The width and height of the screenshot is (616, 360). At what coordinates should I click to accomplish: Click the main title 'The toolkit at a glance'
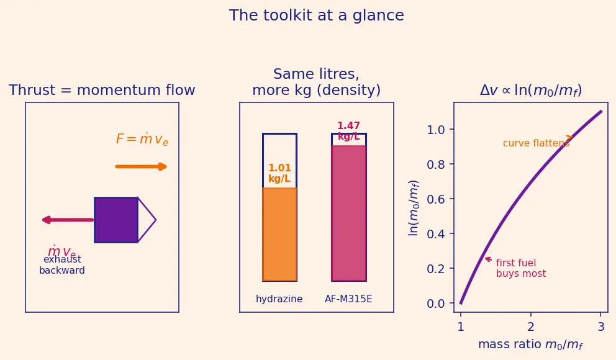(x=316, y=16)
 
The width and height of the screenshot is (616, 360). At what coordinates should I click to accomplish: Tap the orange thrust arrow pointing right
(x=141, y=167)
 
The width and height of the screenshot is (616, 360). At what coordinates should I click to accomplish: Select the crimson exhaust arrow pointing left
(x=68, y=220)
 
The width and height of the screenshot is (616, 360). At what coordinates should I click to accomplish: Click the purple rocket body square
(x=116, y=220)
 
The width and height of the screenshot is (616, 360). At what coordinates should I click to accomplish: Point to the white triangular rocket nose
(x=146, y=220)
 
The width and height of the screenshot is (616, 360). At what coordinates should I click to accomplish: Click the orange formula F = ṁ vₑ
(x=142, y=139)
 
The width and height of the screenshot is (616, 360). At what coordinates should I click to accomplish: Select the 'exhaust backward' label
(x=62, y=264)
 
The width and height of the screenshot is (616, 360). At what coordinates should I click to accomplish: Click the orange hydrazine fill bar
(x=279, y=235)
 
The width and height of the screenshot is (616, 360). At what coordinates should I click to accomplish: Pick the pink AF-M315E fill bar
(x=349, y=213)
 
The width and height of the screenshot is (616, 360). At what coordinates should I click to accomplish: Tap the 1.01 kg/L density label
(x=279, y=173)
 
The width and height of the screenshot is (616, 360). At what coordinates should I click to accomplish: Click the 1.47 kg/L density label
(x=348, y=131)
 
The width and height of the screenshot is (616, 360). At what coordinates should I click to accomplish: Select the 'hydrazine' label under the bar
(x=279, y=299)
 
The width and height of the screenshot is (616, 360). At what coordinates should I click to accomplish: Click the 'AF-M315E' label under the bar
(x=348, y=299)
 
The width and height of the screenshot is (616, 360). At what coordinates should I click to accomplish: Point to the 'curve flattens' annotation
(x=536, y=143)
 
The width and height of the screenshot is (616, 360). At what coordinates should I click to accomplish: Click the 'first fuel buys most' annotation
(x=521, y=268)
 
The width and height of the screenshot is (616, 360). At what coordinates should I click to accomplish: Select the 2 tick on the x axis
(x=531, y=326)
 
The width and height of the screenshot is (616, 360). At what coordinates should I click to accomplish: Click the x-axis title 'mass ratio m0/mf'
(x=530, y=344)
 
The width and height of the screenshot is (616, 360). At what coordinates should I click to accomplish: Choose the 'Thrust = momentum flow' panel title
(x=102, y=90)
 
